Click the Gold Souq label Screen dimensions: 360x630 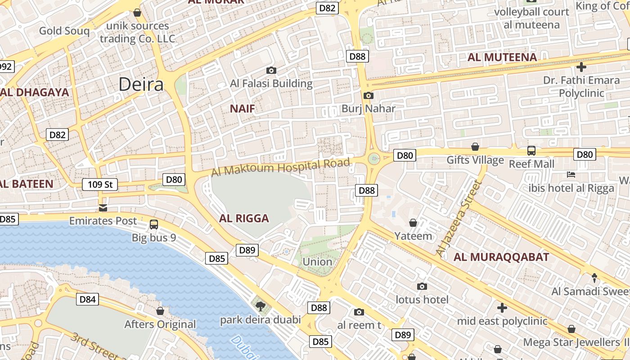(x=64, y=31)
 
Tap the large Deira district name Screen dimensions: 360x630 (x=141, y=84)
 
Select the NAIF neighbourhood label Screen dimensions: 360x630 (x=243, y=108)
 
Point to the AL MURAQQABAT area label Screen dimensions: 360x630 (x=501, y=257)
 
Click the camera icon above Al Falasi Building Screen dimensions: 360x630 (x=271, y=70)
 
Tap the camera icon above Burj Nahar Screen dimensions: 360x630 (x=368, y=95)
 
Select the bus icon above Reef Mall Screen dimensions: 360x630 (x=531, y=150)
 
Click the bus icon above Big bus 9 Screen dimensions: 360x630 (x=154, y=224)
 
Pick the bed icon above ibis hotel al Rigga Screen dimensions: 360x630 (x=571, y=175)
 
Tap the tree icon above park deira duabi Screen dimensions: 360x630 (x=260, y=306)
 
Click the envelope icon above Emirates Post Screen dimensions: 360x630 (x=103, y=207)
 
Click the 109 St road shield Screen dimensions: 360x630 (x=100, y=184)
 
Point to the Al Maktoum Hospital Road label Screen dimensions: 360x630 (x=280, y=168)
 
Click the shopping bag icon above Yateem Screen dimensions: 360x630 (x=413, y=223)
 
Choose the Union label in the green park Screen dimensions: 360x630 (x=317, y=262)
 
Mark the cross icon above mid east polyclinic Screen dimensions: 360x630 (x=502, y=308)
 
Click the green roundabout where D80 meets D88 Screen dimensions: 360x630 (x=373, y=158)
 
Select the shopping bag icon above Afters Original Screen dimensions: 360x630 (x=160, y=311)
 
